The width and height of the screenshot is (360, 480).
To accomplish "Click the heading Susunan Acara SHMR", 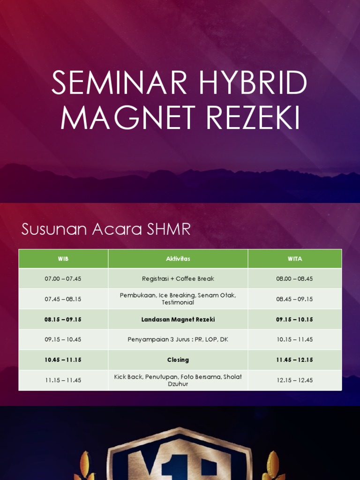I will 106,230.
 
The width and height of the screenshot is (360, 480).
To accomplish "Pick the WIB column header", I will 63,259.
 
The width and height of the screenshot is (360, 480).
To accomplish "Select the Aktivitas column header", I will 178,259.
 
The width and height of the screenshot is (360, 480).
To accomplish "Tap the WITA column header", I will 295,259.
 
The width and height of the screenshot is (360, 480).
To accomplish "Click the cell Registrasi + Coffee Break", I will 178,278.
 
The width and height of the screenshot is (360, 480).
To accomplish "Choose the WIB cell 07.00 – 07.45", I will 63,278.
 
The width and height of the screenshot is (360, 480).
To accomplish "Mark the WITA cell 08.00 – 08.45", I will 295,278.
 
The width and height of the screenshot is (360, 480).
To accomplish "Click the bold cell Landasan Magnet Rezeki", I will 178,319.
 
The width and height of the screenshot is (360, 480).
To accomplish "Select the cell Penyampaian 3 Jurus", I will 178,339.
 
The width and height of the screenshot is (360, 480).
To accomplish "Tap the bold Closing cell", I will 178,360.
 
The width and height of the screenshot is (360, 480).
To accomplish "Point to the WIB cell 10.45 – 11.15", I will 63,360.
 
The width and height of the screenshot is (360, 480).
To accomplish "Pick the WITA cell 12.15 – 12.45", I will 295,380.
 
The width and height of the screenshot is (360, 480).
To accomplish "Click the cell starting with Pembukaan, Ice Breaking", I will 178,299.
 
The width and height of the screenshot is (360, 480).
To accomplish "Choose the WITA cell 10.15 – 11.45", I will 295,339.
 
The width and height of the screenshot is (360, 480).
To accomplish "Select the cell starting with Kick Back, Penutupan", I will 178,380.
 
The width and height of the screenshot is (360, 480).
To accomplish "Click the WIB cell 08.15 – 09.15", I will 63,319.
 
